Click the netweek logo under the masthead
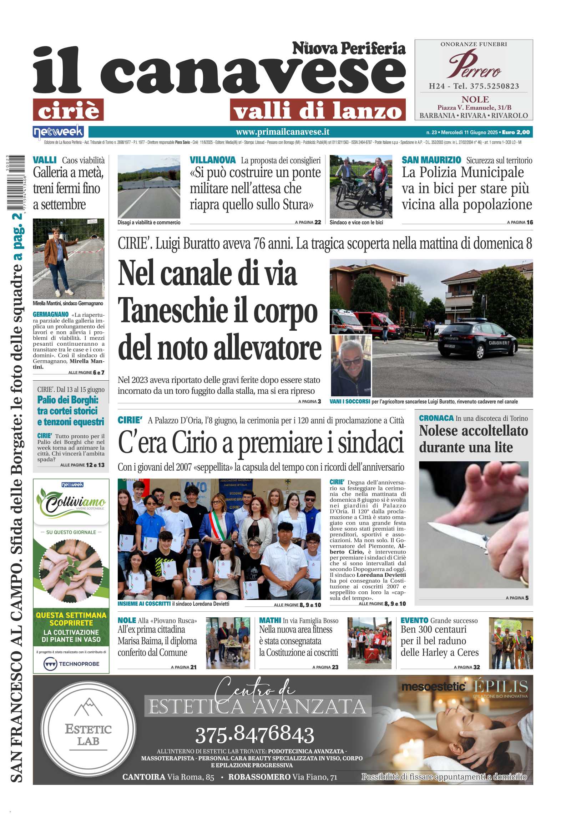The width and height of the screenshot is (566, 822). point(58,132)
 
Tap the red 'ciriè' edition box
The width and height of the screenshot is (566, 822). point(68,110)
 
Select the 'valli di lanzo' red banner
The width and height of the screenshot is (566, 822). point(318,110)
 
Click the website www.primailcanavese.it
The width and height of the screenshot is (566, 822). point(282,132)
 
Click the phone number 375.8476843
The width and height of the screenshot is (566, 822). point(254,735)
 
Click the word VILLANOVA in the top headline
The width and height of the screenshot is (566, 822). point(213,160)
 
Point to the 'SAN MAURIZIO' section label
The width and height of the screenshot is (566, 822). point(431,160)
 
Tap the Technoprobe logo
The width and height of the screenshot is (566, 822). point(71,664)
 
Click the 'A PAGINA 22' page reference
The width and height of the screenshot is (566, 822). point(308,222)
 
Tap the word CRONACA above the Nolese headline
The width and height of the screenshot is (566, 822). point(436,418)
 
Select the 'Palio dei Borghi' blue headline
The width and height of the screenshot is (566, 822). point(71,411)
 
